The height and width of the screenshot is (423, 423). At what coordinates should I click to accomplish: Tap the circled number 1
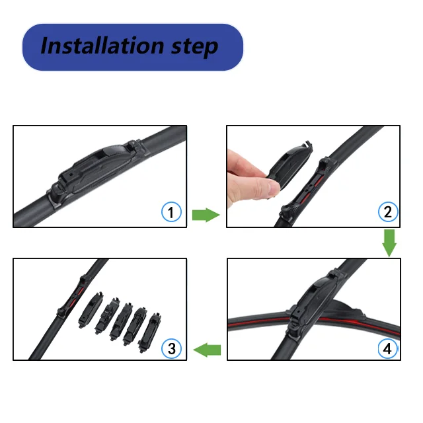coord(171,212)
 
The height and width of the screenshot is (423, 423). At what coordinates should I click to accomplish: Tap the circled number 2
coord(387,212)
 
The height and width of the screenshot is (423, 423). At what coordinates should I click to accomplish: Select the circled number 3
coord(171,348)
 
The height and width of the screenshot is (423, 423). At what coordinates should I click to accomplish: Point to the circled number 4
coord(387,348)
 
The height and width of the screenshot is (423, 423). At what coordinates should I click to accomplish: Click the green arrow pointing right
coord(206,214)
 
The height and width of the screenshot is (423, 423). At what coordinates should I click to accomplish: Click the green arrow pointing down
coord(389,243)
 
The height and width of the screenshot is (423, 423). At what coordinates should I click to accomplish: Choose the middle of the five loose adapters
coord(121,320)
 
